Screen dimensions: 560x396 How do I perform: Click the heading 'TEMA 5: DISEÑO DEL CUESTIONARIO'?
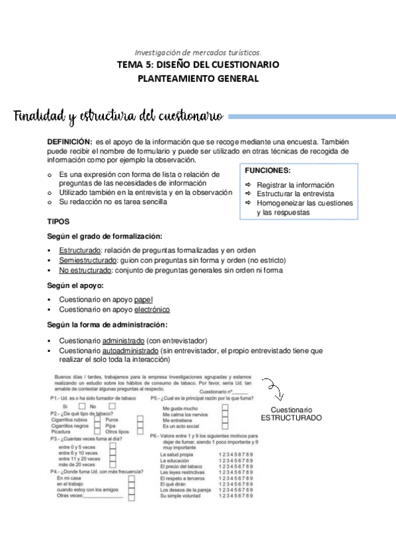click(x=198, y=65)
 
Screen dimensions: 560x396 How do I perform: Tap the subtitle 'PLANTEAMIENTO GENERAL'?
click(x=198, y=79)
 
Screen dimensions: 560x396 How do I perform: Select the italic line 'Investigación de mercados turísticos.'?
click(x=198, y=52)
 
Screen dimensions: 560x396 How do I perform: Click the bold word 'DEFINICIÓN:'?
click(x=69, y=141)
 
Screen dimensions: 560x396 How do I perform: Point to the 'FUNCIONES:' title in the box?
click(x=267, y=170)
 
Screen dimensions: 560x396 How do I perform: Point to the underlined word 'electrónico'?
click(x=152, y=309)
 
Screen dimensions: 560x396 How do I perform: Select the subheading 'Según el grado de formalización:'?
click(x=104, y=236)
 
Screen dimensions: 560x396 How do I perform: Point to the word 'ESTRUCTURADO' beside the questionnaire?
click(x=291, y=419)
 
